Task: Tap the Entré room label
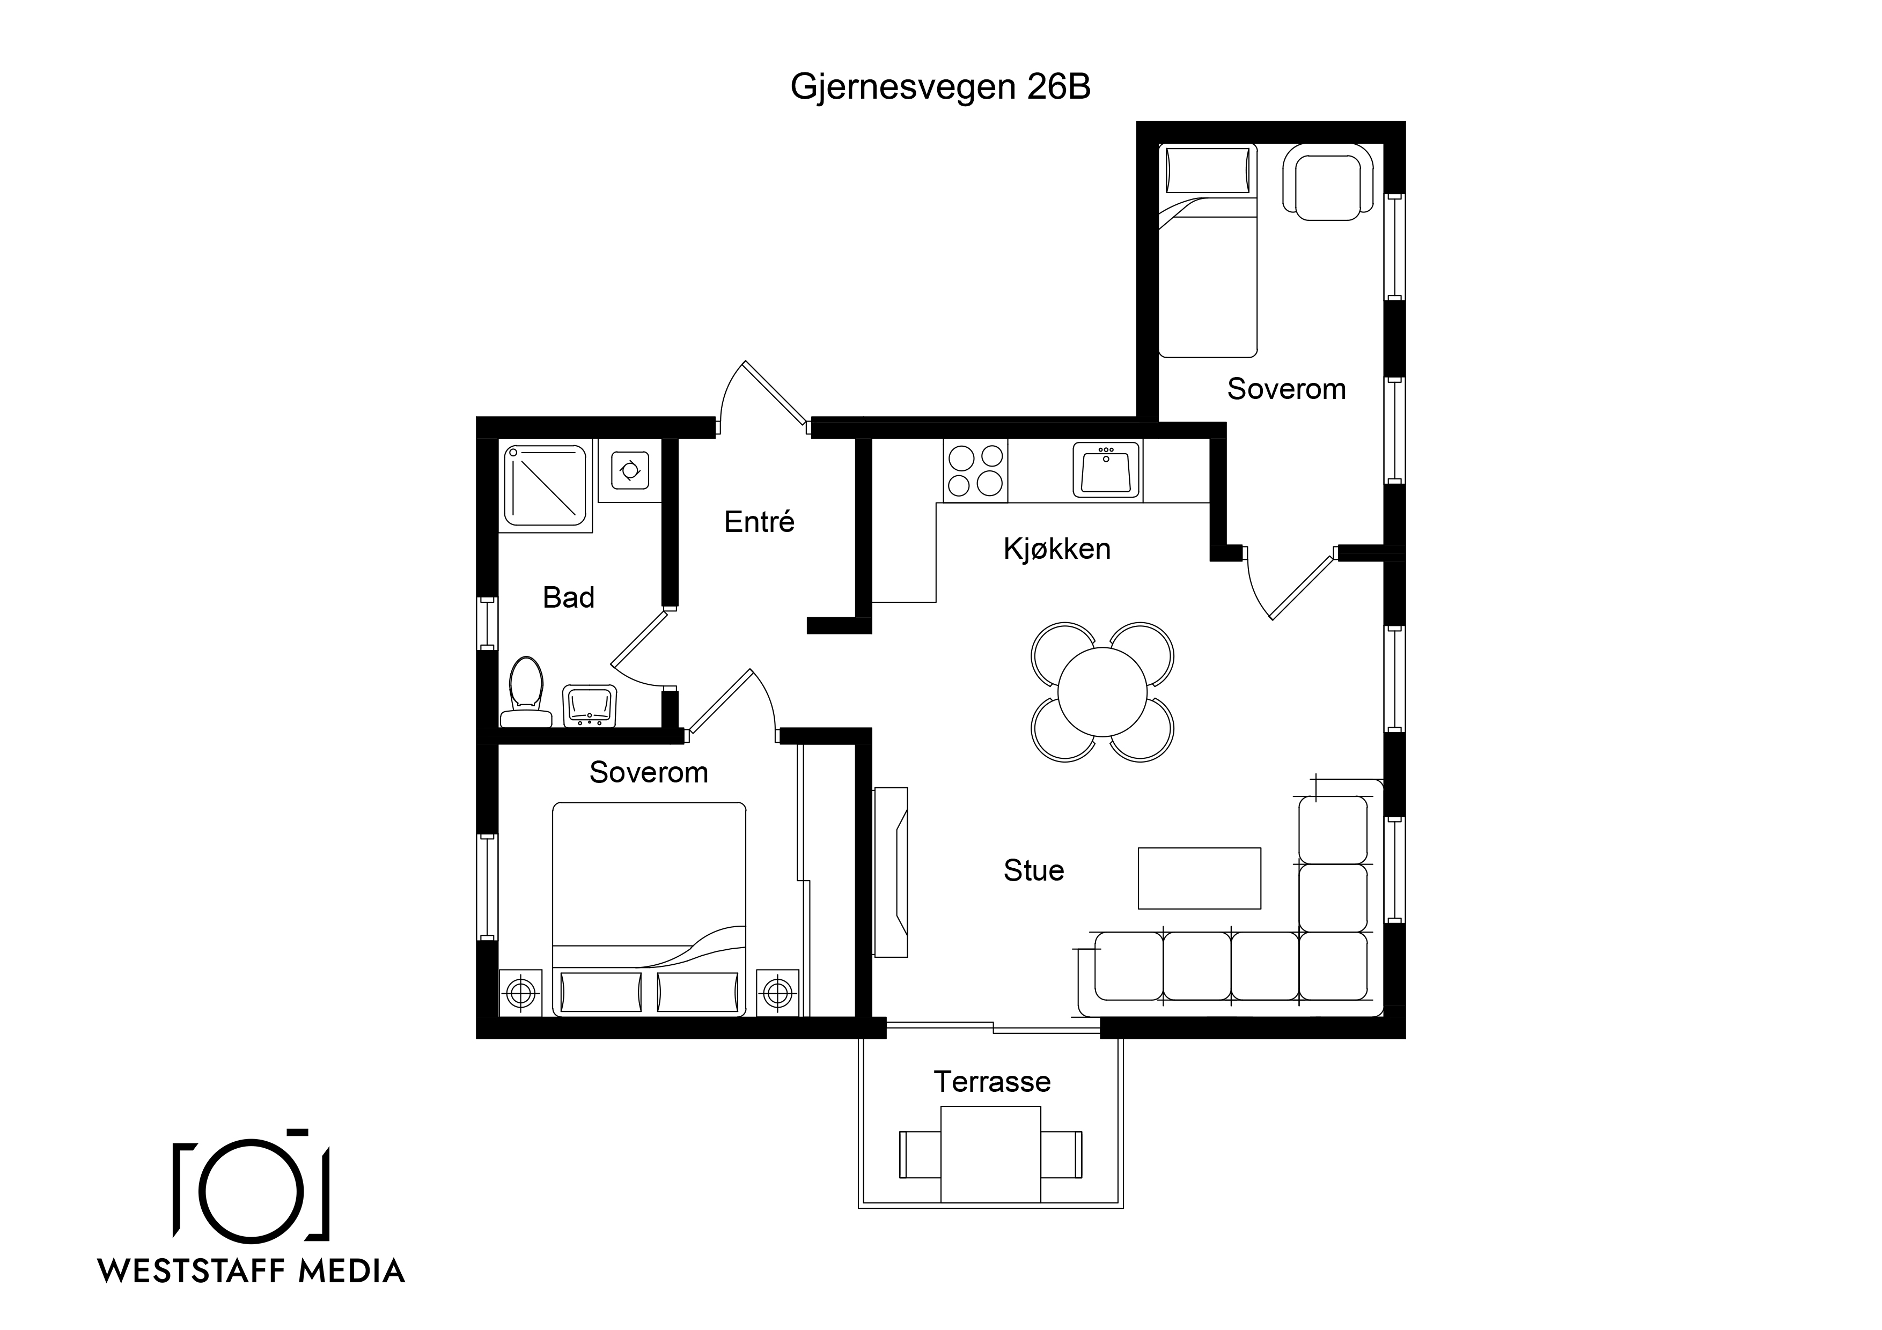click(759, 521)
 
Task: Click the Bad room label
click(568, 597)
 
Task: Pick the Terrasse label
click(992, 1082)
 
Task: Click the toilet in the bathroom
click(525, 692)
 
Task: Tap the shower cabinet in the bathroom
click(545, 486)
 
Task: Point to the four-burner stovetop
click(975, 470)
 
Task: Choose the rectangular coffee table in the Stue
click(1199, 878)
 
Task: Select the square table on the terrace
click(991, 1154)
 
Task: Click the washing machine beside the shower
click(629, 471)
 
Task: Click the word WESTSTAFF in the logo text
click(191, 1271)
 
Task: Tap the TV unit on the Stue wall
click(891, 872)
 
